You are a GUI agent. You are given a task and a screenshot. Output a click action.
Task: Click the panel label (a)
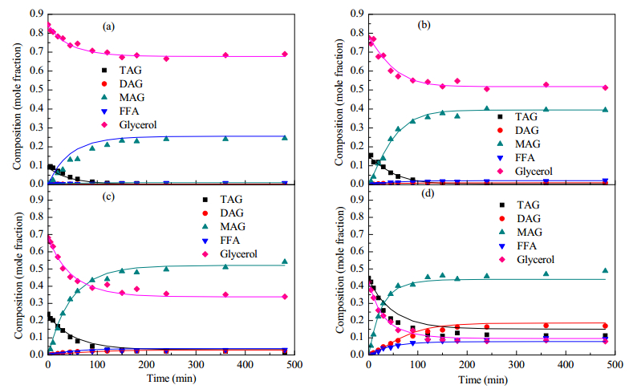point(109,27)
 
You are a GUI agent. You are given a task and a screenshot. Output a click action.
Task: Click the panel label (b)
point(424,25)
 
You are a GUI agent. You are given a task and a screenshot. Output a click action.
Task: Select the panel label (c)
point(109,197)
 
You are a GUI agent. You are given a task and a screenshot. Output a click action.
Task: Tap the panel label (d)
point(428,193)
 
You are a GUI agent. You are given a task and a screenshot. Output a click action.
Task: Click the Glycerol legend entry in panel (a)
point(130,125)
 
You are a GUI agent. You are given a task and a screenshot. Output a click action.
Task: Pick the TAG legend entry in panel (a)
point(123,71)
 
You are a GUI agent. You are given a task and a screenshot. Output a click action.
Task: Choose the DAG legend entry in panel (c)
point(224,213)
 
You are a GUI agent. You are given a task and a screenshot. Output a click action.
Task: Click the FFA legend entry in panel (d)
point(518,245)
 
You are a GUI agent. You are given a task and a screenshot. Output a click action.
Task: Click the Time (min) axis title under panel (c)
point(172,378)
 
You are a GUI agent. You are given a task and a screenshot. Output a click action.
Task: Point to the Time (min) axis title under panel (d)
point(483,379)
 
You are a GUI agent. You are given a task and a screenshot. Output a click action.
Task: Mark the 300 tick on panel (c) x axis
point(196,364)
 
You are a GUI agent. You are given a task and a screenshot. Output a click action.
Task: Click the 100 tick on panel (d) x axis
point(417,364)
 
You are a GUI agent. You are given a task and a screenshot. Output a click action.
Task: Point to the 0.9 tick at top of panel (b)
point(356,14)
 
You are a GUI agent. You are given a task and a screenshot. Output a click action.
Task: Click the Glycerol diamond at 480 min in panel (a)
point(285,55)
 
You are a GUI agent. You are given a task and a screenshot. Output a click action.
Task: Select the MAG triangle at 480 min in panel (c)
point(285,261)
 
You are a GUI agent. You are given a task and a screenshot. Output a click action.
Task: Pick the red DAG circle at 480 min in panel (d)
point(605,326)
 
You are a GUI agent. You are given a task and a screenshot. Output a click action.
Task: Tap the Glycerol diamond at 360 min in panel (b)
point(546,85)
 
